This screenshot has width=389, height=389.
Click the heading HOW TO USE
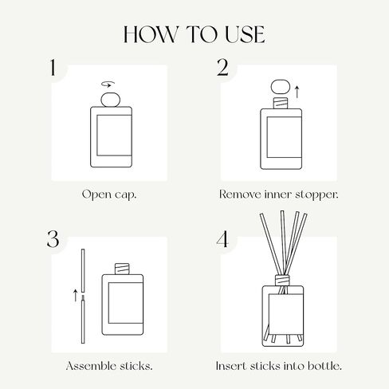tap(194, 34)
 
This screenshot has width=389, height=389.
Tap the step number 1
tap(53, 68)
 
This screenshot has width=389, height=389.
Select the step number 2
tap(222, 68)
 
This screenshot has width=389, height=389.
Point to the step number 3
tap(53, 239)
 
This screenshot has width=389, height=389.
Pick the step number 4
tap(222, 239)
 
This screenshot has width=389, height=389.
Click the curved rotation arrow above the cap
tap(108, 84)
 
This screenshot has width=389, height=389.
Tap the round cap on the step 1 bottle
tap(111, 100)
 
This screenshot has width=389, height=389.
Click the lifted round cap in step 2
tap(281, 87)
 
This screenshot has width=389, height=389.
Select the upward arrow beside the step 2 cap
tap(297, 92)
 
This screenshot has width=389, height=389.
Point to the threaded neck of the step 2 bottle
tap(281, 103)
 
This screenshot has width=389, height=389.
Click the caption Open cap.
tap(109, 194)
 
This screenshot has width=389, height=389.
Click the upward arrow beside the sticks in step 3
tap(76, 296)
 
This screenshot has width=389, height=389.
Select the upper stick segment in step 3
tap(83, 271)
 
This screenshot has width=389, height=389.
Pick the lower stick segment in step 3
tap(83, 321)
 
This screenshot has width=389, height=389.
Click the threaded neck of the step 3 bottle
tap(122, 269)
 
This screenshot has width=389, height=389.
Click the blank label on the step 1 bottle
tap(114, 136)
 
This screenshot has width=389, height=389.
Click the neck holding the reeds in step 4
tap(282, 281)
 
